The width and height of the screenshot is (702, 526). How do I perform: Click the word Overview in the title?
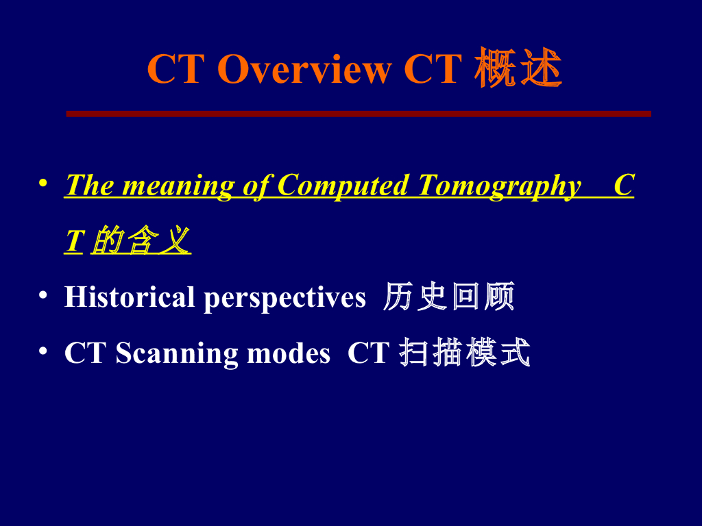[x=304, y=69]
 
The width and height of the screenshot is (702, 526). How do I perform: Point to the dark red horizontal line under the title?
[x=358, y=114]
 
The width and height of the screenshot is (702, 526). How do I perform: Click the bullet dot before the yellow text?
[x=43, y=184]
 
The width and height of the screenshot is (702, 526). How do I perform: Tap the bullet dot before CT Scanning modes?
[x=43, y=351]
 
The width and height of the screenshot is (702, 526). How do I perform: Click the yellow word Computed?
[x=343, y=186]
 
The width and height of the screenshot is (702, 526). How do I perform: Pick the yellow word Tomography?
[x=500, y=186]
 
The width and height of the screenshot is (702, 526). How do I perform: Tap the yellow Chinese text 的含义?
[x=141, y=241]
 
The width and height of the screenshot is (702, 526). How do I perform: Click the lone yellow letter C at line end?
[x=623, y=186]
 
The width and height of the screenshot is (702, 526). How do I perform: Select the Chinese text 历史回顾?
[x=449, y=297]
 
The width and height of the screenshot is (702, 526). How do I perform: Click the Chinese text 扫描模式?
[x=465, y=353]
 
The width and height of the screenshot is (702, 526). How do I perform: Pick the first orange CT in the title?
[x=174, y=69]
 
